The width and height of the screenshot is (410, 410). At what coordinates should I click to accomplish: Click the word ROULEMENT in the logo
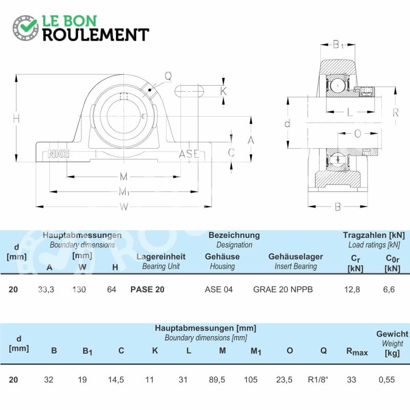click(96, 35)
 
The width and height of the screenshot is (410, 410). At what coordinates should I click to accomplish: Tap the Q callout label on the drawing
click(168, 76)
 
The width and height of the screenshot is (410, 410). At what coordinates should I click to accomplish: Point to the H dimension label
click(16, 119)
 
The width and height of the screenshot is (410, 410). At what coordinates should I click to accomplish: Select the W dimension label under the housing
click(124, 207)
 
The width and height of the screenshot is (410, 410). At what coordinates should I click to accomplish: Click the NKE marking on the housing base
click(58, 154)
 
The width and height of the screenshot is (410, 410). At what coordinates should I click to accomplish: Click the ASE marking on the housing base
click(189, 154)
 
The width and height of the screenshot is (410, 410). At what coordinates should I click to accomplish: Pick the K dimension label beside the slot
click(223, 91)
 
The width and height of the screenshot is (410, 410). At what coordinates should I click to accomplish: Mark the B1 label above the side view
click(338, 45)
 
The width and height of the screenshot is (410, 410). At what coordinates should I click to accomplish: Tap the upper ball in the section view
click(338, 86)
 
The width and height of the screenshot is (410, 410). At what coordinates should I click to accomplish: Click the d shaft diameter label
click(287, 123)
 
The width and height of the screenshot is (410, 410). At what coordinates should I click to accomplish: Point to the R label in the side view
click(396, 113)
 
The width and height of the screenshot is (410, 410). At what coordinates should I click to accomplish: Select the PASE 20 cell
click(147, 290)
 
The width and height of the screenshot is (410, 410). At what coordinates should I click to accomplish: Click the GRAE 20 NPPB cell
click(283, 290)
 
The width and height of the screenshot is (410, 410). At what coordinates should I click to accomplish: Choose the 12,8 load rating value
click(352, 290)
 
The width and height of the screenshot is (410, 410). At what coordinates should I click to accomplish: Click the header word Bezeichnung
click(234, 235)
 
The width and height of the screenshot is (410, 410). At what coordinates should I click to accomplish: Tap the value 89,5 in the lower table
click(217, 379)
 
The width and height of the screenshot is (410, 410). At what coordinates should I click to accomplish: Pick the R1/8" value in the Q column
click(318, 379)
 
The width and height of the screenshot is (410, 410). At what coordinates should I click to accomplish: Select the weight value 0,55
click(387, 379)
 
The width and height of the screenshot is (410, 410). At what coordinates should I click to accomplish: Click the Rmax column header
click(357, 352)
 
